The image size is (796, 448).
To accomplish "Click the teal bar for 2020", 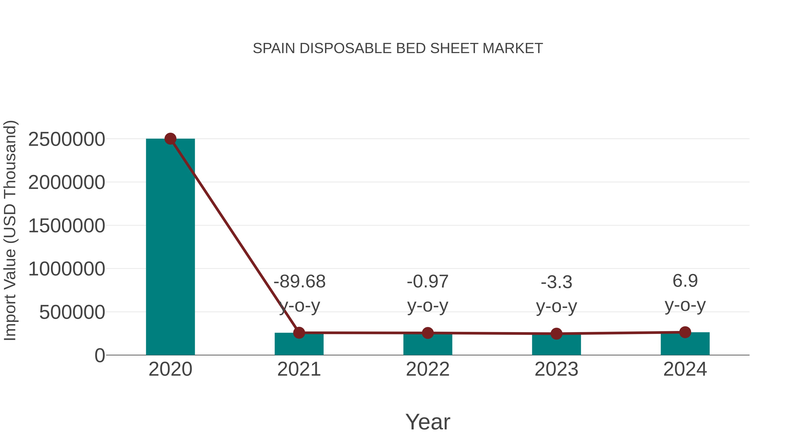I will click(x=170, y=247).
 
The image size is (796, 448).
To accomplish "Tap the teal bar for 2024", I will click(x=685, y=344).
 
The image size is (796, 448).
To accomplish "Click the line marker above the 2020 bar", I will click(x=170, y=139).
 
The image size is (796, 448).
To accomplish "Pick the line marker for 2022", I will click(x=428, y=333).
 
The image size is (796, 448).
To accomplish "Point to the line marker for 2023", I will click(x=556, y=334).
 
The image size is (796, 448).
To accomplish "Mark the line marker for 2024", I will click(x=685, y=332).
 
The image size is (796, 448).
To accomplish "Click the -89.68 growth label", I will click(x=299, y=282).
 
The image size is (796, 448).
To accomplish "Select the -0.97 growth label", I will click(x=428, y=282).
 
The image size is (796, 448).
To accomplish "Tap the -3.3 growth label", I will click(x=556, y=283).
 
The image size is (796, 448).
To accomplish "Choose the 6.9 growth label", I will click(x=685, y=281).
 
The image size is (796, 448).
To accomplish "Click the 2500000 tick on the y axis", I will click(x=66, y=139).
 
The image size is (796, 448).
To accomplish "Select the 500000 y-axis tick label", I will click(x=72, y=312).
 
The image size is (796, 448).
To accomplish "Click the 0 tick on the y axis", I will click(x=99, y=356).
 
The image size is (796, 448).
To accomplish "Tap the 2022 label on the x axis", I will click(x=428, y=369).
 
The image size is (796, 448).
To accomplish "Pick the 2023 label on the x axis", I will click(x=556, y=369).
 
